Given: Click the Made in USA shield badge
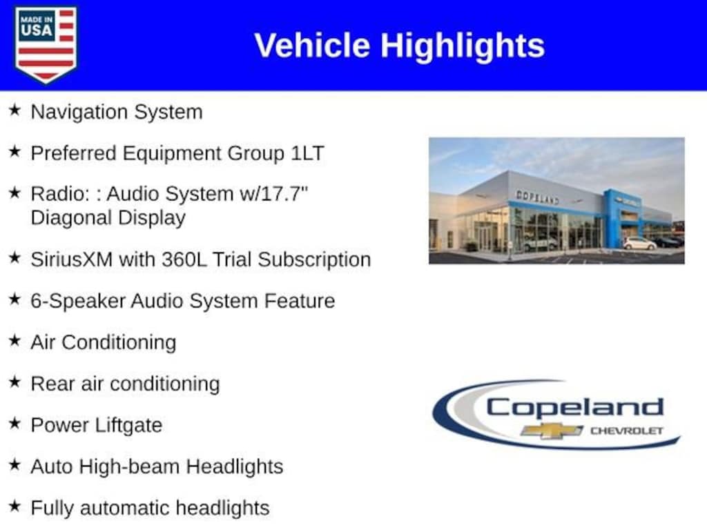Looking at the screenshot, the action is (46, 44).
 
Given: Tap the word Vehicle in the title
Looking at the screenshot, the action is (312, 46).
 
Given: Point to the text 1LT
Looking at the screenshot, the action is (307, 153).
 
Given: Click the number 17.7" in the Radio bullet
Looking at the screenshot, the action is (284, 194).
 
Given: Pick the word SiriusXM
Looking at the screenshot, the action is (71, 259).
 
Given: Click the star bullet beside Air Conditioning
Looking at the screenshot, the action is (15, 341).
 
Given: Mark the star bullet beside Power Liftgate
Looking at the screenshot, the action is (15, 423).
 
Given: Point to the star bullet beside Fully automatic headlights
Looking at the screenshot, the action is (15, 506).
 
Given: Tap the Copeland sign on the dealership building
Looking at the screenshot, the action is (537, 197).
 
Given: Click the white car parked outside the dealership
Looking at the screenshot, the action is (639, 244).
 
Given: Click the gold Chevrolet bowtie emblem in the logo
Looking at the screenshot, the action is (552, 431).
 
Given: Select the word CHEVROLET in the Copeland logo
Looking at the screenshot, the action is (627, 431).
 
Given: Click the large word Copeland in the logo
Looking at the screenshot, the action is (575, 408).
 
